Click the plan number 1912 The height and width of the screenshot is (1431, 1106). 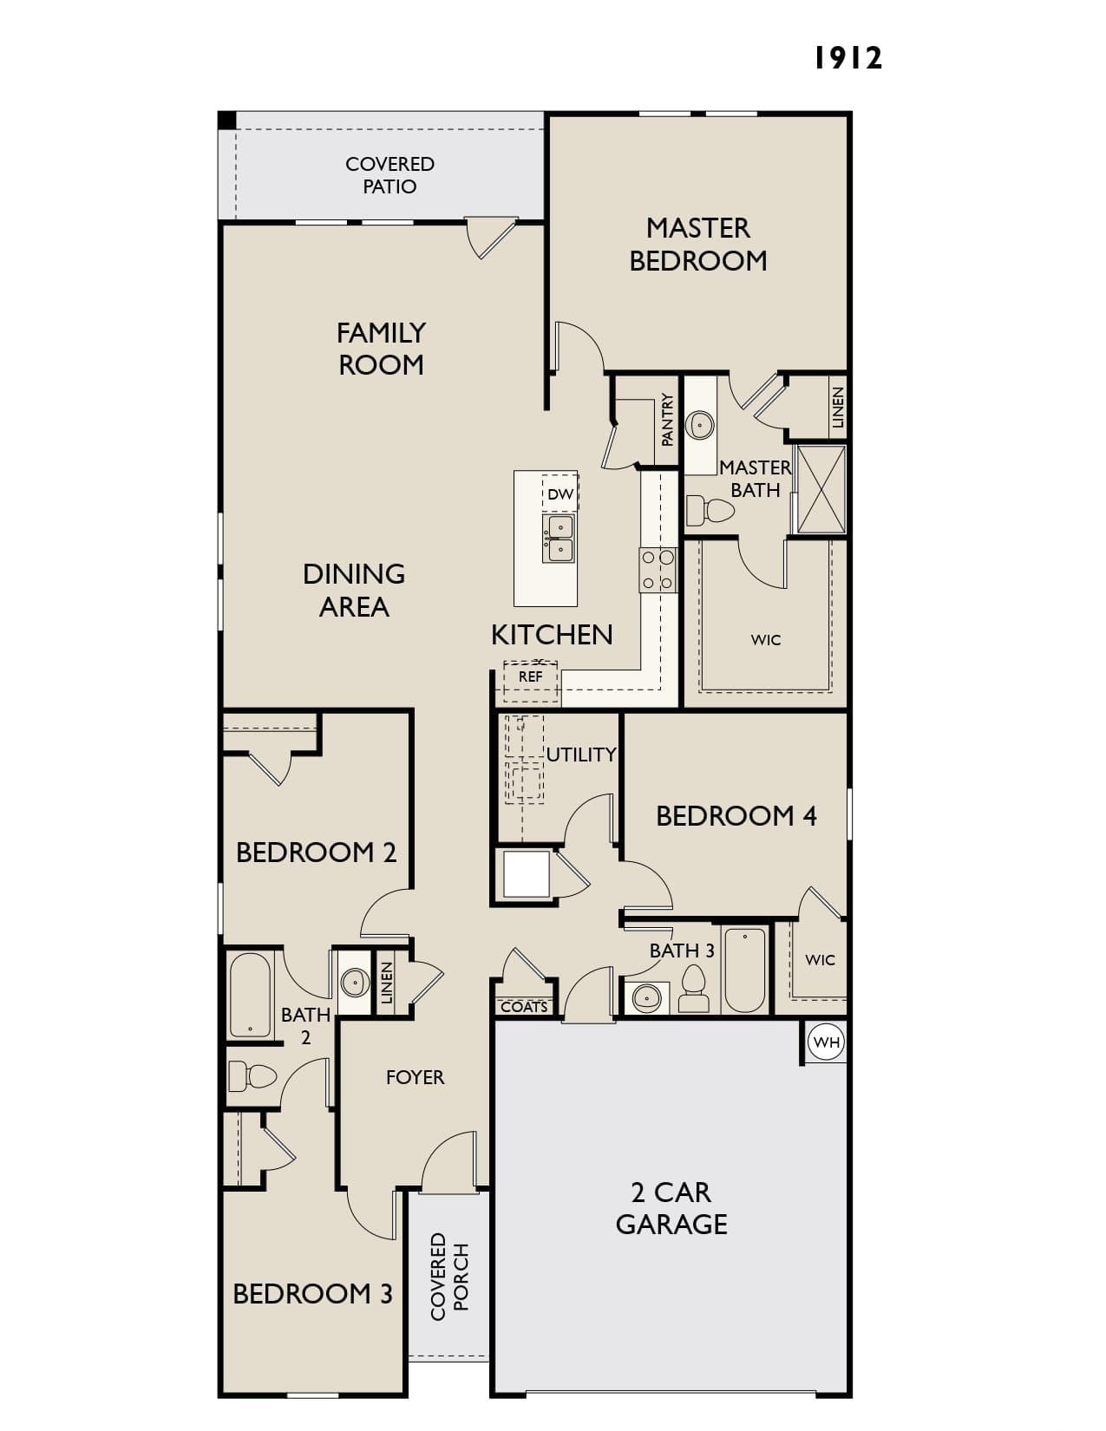[847, 58]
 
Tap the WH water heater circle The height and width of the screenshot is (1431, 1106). [826, 1042]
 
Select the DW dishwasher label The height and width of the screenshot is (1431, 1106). [560, 493]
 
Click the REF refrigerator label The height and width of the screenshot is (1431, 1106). [530, 676]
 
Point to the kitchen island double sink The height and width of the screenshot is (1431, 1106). [558, 538]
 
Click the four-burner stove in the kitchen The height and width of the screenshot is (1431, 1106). [658, 571]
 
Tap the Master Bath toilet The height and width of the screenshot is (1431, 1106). [710, 510]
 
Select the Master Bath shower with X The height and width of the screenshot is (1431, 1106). [821, 488]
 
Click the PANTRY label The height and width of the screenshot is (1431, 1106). [667, 420]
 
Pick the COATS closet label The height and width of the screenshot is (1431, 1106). [524, 1007]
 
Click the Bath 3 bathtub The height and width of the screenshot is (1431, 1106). [744, 970]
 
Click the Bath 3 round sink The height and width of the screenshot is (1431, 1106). [647, 997]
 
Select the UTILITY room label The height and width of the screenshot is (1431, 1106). [581, 755]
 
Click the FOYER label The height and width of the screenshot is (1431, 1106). [415, 1077]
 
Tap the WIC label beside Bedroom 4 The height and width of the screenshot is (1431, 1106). [820, 959]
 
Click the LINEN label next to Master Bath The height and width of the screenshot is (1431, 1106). [837, 408]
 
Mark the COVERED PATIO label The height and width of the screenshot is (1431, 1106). [390, 175]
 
